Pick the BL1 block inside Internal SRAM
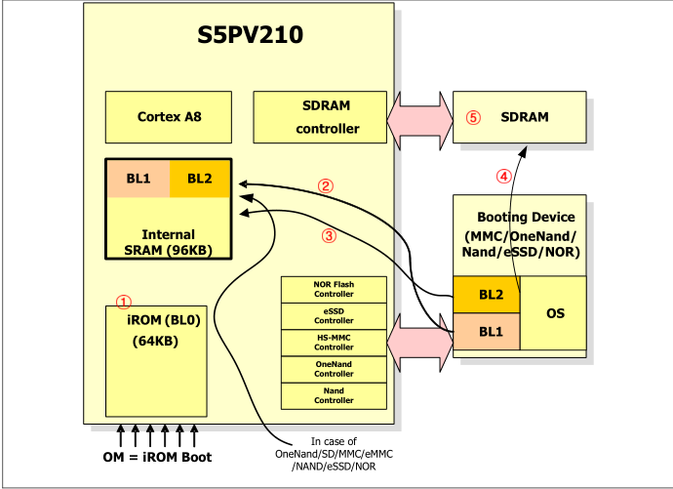(138, 178)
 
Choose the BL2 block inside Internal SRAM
(200, 178)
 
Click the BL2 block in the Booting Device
(486, 294)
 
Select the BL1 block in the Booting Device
(486, 332)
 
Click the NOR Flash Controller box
(334, 289)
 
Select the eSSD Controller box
(334, 315)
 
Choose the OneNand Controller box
(334, 369)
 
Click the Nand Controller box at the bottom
(334, 395)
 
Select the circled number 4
(503, 177)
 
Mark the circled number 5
(474, 117)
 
